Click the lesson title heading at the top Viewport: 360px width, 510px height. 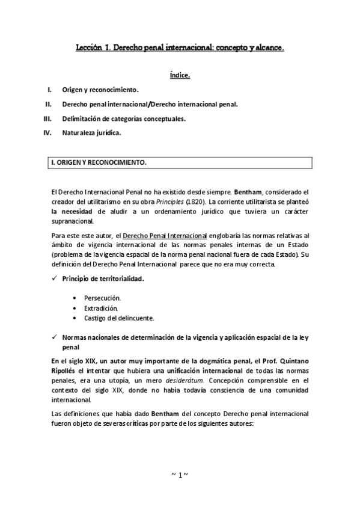[x=180, y=46]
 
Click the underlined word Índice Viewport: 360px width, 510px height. [x=180, y=76]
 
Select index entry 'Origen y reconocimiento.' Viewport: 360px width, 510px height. [x=100, y=90]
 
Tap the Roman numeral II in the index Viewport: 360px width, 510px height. [x=48, y=105]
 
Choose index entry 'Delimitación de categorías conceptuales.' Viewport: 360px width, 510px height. [x=124, y=119]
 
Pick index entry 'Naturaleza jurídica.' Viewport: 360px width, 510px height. [x=91, y=134]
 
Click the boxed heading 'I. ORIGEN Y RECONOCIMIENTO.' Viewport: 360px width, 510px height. [x=97, y=163]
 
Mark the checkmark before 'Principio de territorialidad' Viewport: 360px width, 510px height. [x=55, y=279]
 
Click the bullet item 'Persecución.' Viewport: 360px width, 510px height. [x=103, y=298]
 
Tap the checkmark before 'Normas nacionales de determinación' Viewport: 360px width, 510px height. [x=55, y=337]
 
